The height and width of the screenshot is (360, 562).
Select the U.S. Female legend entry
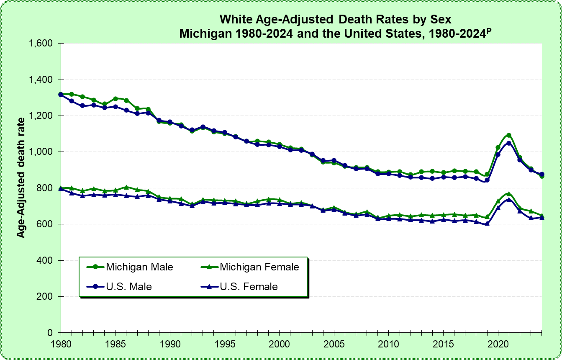(x=248, y=287)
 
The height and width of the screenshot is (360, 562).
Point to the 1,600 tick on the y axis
(x=41, y=44)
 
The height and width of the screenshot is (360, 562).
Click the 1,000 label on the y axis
(x=41, y=152)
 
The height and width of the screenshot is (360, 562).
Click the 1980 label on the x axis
(x=61, y=342)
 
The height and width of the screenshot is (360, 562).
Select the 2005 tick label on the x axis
(x=334, y=342)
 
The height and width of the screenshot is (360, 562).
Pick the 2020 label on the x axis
(x=498, y=342)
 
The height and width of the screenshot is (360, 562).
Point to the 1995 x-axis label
(x=224, y=342)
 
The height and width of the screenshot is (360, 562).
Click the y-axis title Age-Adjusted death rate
(x=21, y=178)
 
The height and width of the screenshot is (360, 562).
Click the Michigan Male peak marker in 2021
(x=509, y=135)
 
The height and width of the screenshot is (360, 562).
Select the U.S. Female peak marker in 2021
(x=509, y=200)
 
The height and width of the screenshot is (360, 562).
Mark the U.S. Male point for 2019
(x=487, y=180)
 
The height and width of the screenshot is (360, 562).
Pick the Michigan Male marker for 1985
(x=115, y=99)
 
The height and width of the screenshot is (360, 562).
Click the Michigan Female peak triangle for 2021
(x=509, y=194)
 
